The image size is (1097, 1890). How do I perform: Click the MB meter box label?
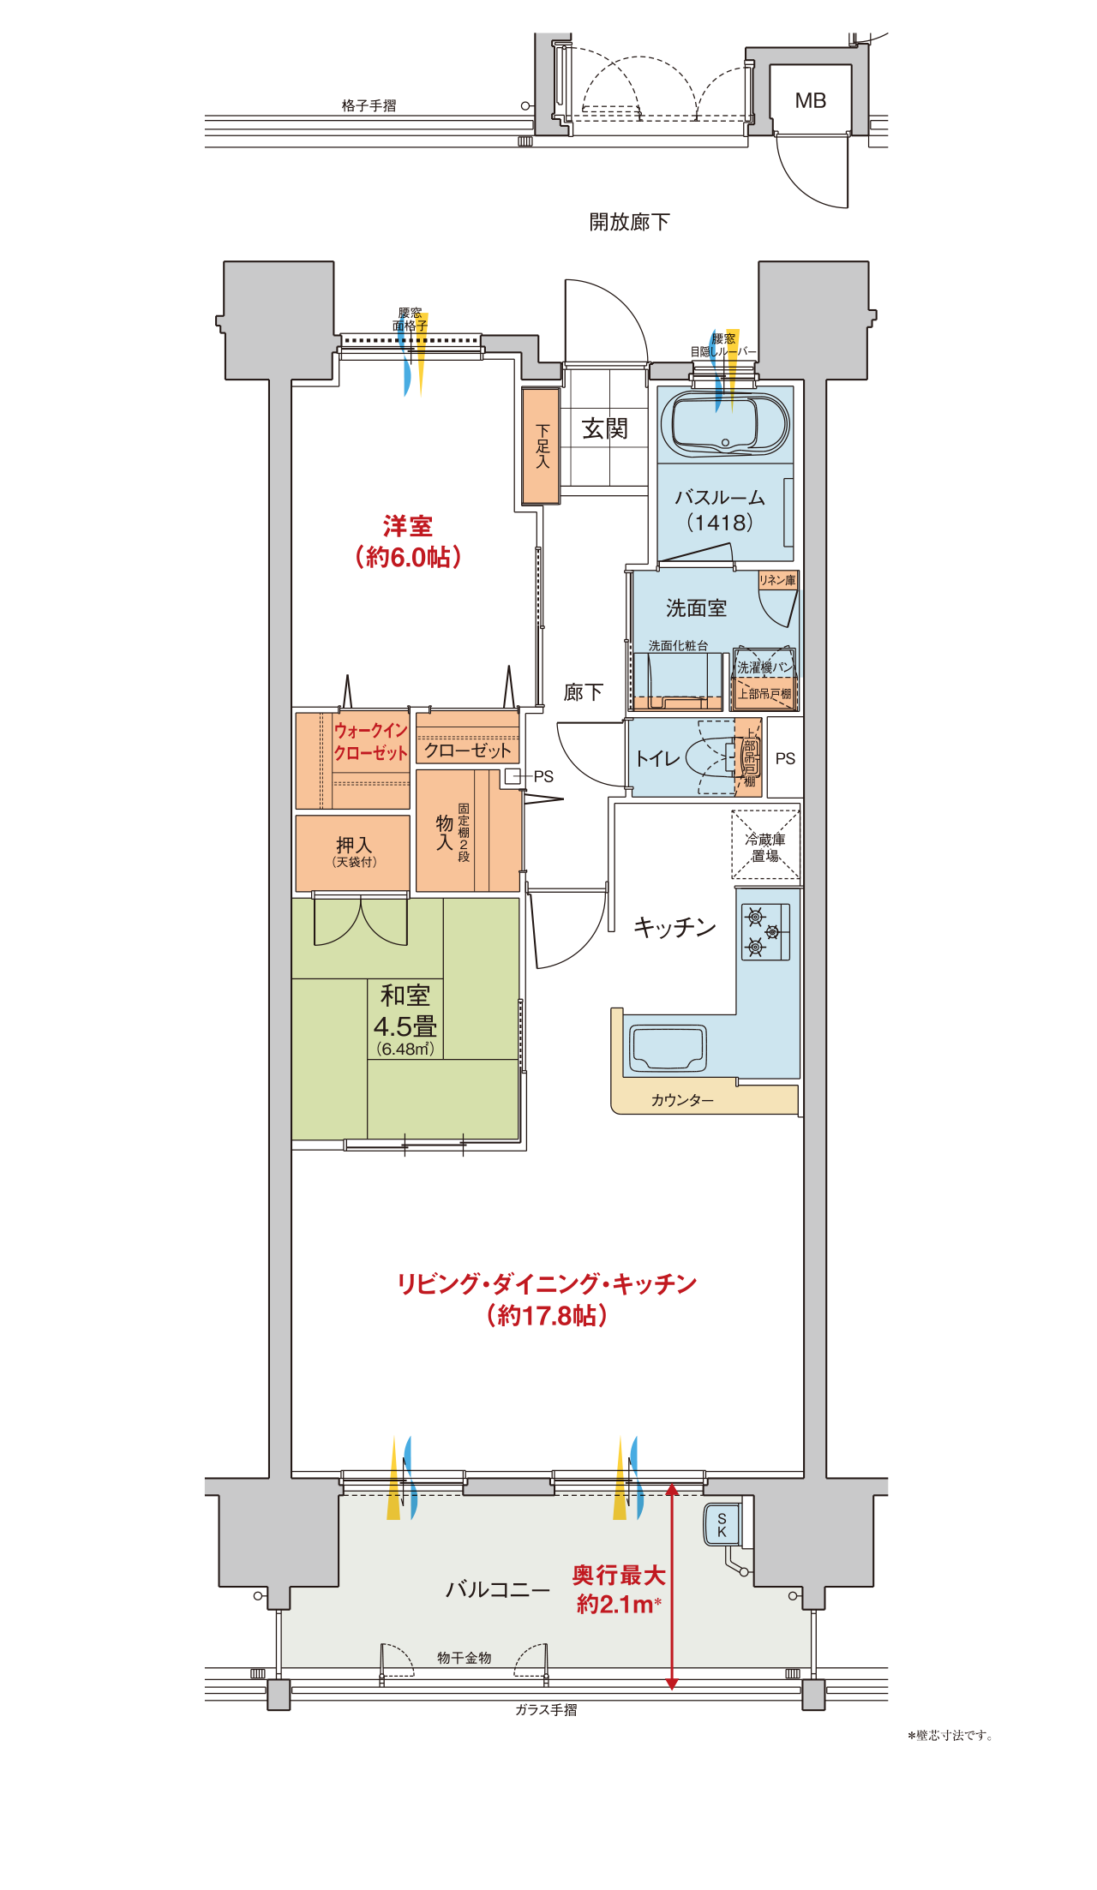coord(810,101)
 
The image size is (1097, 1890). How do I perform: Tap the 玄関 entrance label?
coord(605,428)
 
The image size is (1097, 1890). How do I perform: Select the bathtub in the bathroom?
coord(729,425)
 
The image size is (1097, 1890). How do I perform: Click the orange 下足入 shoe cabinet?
coord(541,446)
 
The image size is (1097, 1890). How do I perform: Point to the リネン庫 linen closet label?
coord(777,580)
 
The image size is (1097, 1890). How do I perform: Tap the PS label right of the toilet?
coord(785,758)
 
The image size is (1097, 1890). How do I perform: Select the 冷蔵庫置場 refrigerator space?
coord(765,845)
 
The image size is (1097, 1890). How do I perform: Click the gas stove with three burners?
coord(765,931)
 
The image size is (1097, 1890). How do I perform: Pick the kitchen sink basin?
coord(668,1049)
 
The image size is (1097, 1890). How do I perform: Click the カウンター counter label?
coord(682,1100)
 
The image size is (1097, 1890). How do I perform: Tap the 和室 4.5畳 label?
coord(405,1011)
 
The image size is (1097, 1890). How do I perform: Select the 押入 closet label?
coord(354,846)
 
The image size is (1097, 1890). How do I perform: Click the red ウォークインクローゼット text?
coord(370,742)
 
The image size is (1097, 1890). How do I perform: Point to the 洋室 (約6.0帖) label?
coord(408,541)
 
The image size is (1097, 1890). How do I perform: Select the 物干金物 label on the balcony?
coord(465,1658)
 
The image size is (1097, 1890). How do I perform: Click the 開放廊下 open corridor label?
coord(629,222)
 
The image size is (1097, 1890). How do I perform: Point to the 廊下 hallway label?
coord(584,692)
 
